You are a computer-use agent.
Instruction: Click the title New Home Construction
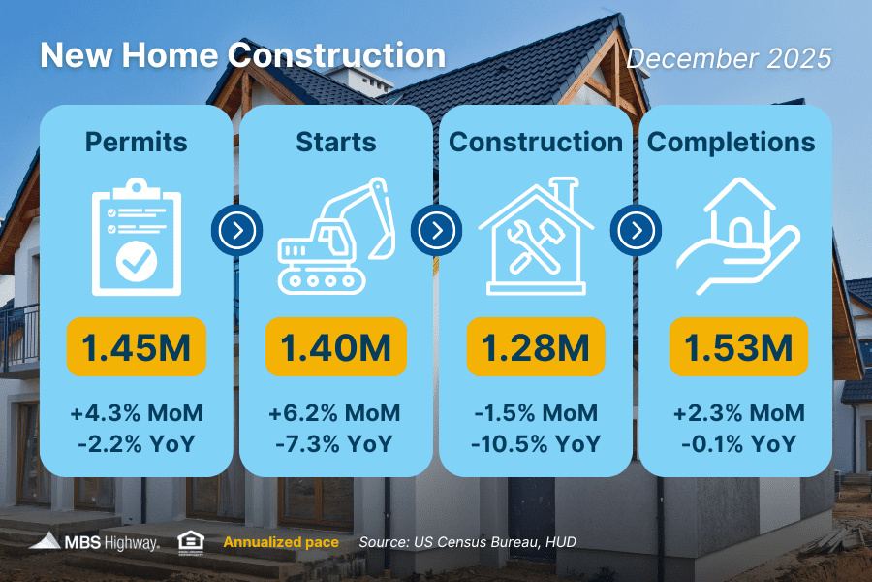tap(242, 54)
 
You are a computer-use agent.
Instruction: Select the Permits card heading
tap(136, 142)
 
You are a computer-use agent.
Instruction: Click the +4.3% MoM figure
tap(136, 413)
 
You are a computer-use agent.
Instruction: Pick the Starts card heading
tap(335, 142)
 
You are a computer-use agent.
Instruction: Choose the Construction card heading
tap(536, 142)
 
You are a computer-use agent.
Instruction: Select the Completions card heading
tap(731, 142)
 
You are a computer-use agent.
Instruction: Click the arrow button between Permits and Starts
tap(235, 231)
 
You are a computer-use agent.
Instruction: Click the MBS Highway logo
tap(94, 541)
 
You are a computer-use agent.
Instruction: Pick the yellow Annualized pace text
tap(281, 541)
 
